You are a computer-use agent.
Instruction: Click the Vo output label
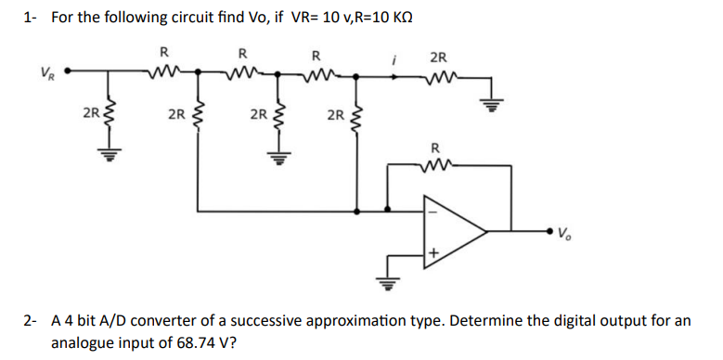(x=566, y=233)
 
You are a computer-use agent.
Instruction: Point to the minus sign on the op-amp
(x=431, y=208)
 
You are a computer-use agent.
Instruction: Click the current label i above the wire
(x=395, y=57)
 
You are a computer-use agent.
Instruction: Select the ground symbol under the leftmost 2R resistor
(x=108, y=155)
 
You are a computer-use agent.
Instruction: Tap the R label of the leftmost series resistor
(x=163, y=51)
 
